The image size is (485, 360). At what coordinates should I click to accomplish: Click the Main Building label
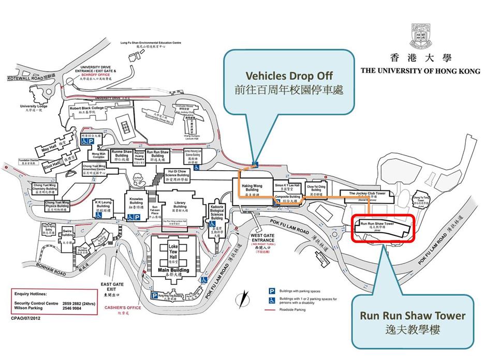point(173,271)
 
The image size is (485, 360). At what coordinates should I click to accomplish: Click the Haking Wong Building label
point(251,187)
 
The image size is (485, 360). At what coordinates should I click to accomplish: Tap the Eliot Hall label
point(53,167)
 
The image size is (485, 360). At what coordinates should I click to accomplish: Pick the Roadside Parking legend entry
point(293,310)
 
